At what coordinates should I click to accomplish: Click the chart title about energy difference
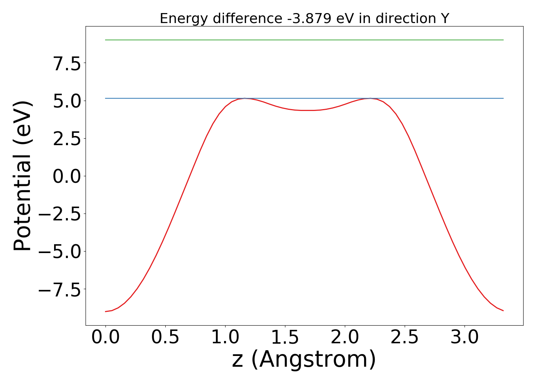coord(304,18)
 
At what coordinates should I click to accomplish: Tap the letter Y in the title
coord(445,18)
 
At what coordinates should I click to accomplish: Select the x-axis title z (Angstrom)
coord(304,360)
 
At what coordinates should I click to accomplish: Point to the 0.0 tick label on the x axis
coord(105,337)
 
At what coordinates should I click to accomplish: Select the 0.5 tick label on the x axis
coord(165,337)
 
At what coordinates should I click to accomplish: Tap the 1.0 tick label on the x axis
coord(225,337)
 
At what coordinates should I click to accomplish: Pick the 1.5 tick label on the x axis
coord(285,337)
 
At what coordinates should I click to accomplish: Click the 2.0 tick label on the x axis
coord(345,337)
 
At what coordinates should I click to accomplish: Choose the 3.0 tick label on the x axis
coord(465,337)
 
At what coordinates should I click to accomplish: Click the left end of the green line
coord(106,40)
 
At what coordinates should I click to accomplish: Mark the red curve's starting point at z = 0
coord(106,311)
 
